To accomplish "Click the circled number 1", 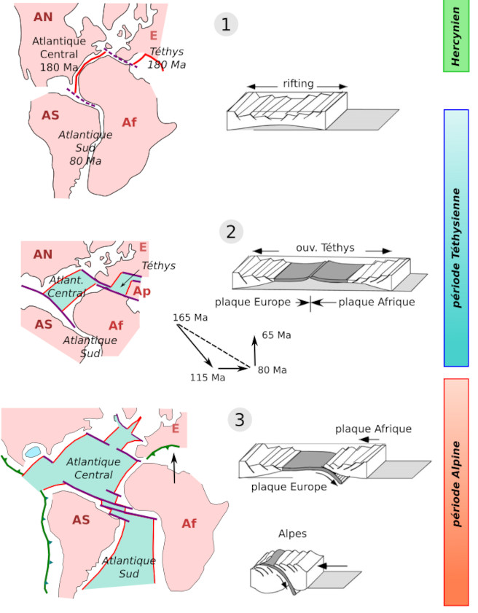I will [226, 25].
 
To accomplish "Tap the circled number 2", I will [231, 233].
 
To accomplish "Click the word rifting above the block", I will [299, 84].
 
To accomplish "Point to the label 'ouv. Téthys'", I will [326, 248].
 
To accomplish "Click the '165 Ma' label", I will [190, 318].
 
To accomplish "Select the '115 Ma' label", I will [207, 377].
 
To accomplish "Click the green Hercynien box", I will [456, 36].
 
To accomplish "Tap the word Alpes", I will [291, 534].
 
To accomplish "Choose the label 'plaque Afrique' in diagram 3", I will [374, 429].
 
